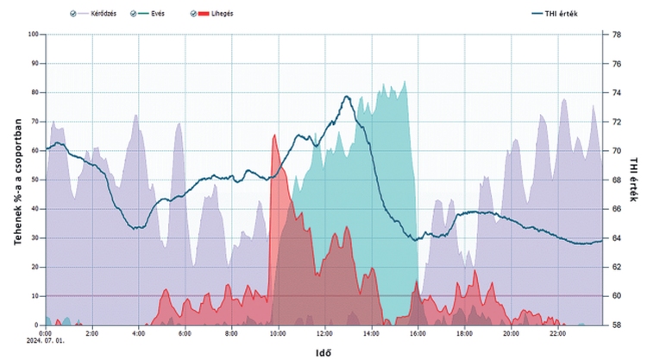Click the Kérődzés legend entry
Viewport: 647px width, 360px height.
pyautogui.click(x=96, y=14)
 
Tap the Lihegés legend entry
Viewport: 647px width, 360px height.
pyautogui.click(x=219, y=14)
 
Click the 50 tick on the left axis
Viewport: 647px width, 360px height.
pyautogui.click(x=35, y=180)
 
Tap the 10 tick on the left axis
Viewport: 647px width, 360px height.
pyautogui.click(x=35, y=296)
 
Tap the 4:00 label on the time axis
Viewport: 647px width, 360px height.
pyautogui.click(x=138, y=332)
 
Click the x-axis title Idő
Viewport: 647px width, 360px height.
pyautogui.click(x=323, y=352)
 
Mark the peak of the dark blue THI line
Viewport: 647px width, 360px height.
pyautogui.click(x=347, y=97)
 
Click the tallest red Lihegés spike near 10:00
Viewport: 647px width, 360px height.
pyautogui.click(x=274, y=136)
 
